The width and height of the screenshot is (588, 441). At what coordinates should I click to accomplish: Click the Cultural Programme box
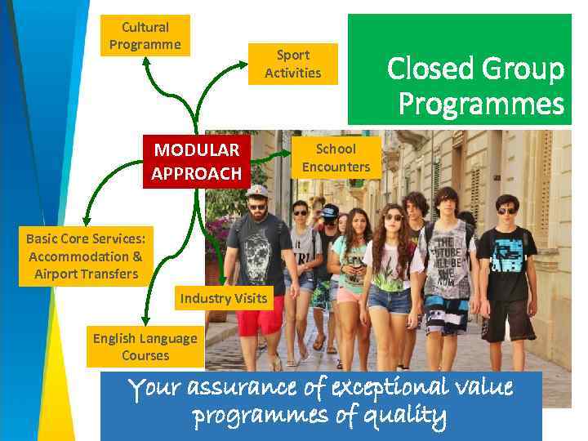pyautogui.click(x=145, y=36)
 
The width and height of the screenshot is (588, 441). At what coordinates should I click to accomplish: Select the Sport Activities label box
pyautogui.click(x=292, y=64)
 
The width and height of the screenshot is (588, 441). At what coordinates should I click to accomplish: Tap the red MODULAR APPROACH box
pyautogui.click(x=197, y=162)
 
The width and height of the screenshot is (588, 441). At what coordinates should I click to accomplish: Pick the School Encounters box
pyautogui.click(x=336, y=158)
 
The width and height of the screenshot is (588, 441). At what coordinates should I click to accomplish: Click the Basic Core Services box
pyautogui.click(x=86, y=256)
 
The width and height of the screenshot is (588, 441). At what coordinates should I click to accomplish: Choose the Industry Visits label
pyautogui.click(x=223, y=298)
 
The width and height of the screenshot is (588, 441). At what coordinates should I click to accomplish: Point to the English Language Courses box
pyautogui.click(x=145, y=346)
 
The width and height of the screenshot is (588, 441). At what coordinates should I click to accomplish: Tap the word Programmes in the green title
pyautogui.click(x=481, y=104)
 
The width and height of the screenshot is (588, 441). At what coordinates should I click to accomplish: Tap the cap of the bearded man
pyautogui.click(x=257, y=191)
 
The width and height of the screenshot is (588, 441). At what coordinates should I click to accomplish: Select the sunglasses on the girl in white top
pyautogui.click(x=393, y=217)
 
